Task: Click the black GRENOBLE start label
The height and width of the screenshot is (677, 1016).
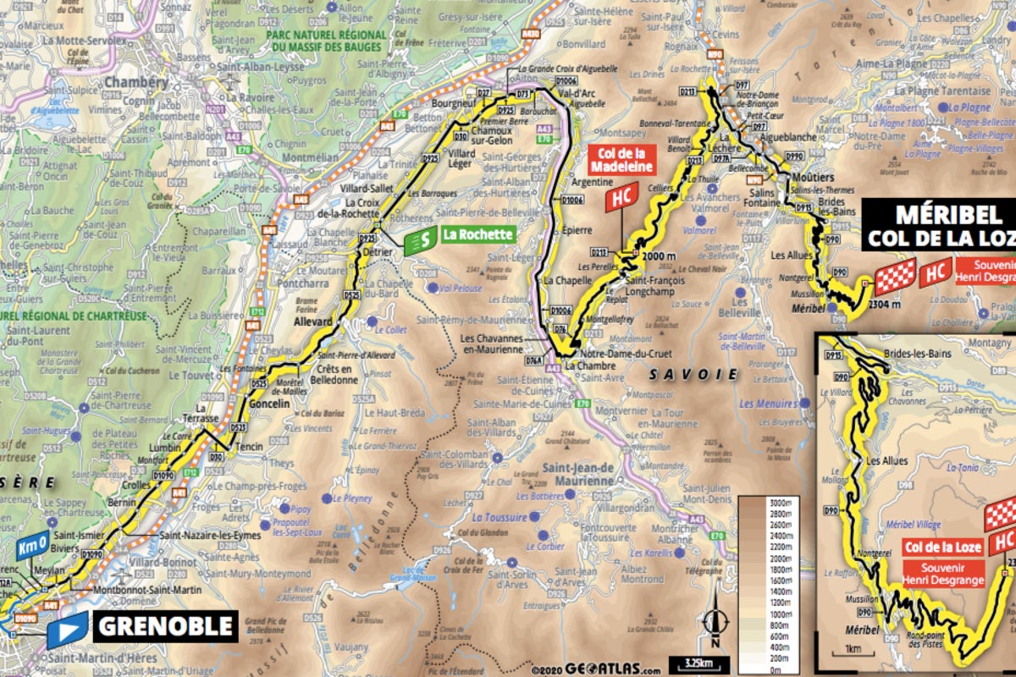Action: tap(165, 626)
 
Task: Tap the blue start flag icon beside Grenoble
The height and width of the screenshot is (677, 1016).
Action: tap(67, 629)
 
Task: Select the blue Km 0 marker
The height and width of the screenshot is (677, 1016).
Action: tap(29, 549)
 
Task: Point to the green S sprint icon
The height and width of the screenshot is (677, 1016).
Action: tap(421, 241)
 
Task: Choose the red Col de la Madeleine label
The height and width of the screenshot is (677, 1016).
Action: tap(617, 160)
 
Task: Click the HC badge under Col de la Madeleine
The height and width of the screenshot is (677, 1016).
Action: tap(620, 198)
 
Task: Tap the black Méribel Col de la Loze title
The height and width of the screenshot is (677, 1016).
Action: tap(939, 224)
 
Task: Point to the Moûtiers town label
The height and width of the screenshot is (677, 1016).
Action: tap(814, 179)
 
